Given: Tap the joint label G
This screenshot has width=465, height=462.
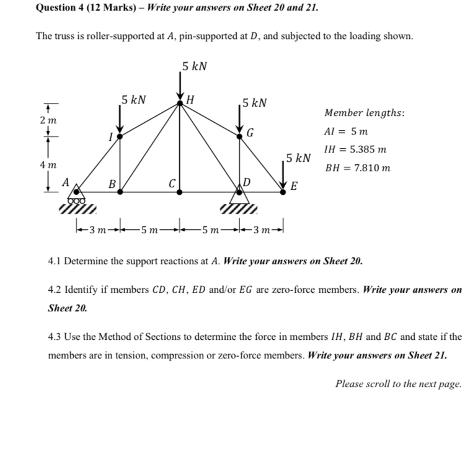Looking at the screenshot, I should click(x=250, y=131).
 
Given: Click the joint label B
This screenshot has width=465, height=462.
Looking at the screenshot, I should click(x=112, y=184).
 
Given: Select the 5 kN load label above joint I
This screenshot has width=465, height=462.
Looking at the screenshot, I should click(x=134, y=99).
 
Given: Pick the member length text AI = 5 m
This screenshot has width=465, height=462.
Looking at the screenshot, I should click(x=346, y=132).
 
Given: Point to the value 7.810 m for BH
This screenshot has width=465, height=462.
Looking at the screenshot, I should click(x=370, y=167).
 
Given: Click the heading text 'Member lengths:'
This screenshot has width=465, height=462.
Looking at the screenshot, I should click(x=365, y=113).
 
